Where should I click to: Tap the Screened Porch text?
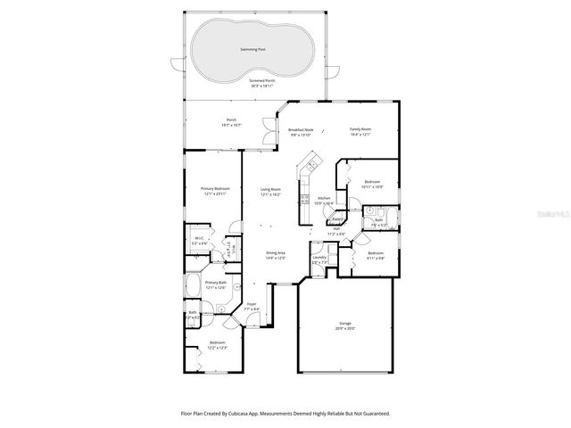262,80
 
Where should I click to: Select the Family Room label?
360,129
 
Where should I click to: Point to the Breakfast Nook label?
301,130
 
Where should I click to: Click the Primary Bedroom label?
214,189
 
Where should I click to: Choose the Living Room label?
270,189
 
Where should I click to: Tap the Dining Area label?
276,253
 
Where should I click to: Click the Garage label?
343,325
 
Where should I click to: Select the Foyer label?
252,304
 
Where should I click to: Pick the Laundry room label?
319,259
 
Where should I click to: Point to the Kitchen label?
325,198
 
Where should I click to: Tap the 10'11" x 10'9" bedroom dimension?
372,187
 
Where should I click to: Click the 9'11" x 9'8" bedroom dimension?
376,259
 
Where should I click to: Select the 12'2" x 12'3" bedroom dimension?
218,348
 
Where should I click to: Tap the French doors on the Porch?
266,131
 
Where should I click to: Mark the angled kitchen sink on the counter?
311,163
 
